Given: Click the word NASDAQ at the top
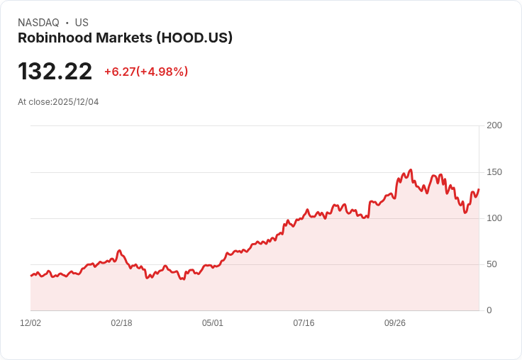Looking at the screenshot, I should coord(38,23).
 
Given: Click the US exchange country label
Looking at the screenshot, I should coord(82,23).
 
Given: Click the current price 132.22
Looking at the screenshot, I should coord(55,72).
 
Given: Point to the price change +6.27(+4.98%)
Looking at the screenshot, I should coord(146,72).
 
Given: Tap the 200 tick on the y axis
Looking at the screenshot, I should coord(494,125).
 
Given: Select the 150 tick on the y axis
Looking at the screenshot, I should coord(494,172).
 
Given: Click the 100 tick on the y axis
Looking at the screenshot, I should coord(494,218).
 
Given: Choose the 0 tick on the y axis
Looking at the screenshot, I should coord(489,310).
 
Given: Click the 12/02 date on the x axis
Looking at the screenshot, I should coord(30,323).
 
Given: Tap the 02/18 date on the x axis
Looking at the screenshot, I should coord(121,323).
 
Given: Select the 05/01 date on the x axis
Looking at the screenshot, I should coord(213,323).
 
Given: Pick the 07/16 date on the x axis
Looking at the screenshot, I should coord(304,323).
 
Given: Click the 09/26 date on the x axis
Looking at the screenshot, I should coord(395,323).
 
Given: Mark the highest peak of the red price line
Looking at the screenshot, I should coord(411,170).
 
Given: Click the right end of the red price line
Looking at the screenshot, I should coord(479,189).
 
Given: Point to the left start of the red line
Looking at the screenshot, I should coord(30,275).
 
